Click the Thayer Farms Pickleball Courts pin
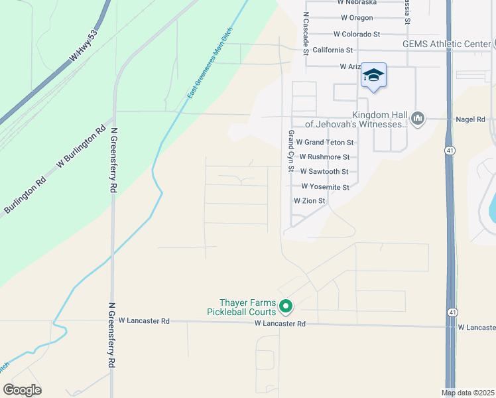286,306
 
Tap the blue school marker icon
373,76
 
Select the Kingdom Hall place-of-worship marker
417,119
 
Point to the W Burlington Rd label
82,147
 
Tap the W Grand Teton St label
325,142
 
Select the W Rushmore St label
324,157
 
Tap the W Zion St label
310,200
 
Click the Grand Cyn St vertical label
290,151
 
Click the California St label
332,50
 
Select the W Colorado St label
357,34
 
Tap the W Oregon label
357,18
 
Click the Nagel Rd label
471,119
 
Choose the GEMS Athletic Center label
446,44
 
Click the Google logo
22,390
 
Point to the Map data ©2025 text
467,393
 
